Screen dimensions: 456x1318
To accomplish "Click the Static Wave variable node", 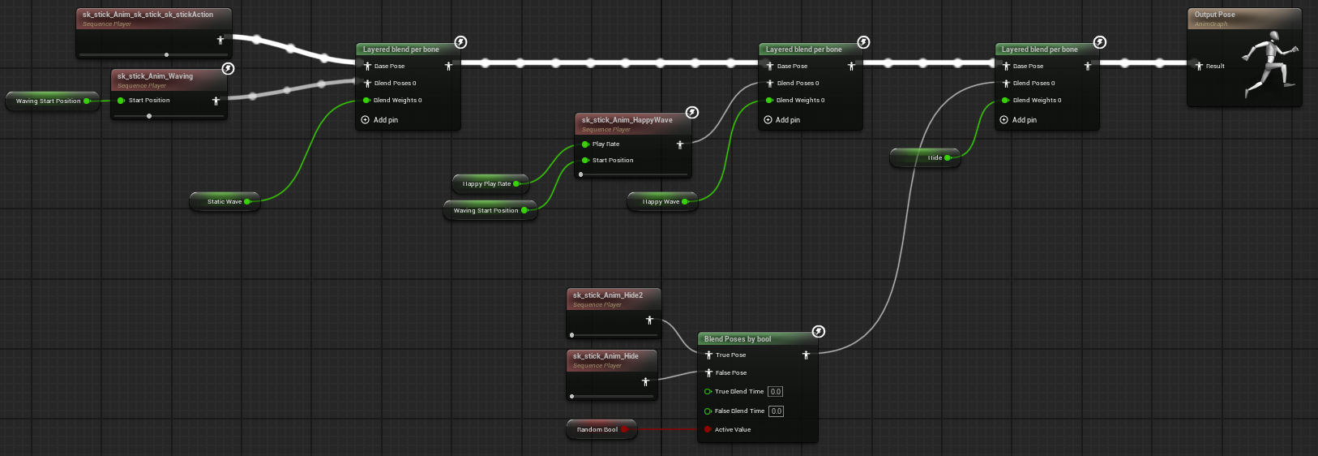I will [x=225, y=202].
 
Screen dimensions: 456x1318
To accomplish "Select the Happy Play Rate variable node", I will [x=486, y=184].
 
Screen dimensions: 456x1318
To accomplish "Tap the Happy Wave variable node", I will [x=661, y=202].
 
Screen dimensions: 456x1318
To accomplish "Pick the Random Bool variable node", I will [x=597, y=430].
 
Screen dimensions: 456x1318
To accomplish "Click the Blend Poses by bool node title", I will [x=738, y=339].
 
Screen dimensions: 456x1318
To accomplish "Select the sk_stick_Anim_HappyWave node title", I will [x=627, y=120].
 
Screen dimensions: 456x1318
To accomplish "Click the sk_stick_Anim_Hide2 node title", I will [x=608, y=295].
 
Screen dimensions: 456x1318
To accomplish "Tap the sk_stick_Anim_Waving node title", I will [x=155, y=76].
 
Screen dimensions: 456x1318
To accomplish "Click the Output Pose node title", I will [x=1214, y=15].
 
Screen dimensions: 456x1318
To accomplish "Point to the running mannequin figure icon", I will [x=1269, y=65].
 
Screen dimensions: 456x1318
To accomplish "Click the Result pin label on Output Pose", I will [x=1215, y=67].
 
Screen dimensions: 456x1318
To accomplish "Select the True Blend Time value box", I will [x=776, y=392].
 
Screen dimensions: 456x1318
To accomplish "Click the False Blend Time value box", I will [x=777, y=411].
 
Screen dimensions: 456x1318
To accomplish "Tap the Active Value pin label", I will [x=733, y=430].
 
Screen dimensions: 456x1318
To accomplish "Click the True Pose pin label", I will [x=730, y=355].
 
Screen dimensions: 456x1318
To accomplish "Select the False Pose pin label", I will [x=731, y=373].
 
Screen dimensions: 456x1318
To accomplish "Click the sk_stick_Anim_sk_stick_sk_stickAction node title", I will [x=148, y=15].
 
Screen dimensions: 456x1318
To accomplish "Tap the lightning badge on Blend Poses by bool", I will [x=819, y=331].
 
